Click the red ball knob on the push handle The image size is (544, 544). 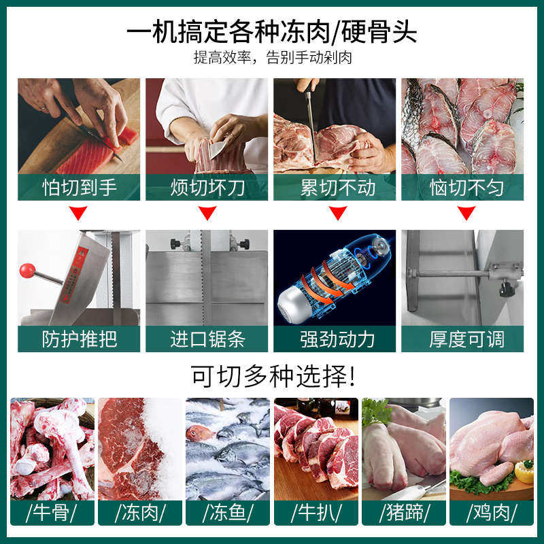(27, 271)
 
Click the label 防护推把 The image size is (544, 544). (79, 339)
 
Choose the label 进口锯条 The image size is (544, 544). (207, 339)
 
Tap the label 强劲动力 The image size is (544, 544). (335, 339)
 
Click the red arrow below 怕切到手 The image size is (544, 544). (79, 214)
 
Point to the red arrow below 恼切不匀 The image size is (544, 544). (465, 214)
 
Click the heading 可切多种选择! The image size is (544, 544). (272, 374)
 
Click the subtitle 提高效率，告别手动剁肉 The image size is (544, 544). (272, 58)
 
